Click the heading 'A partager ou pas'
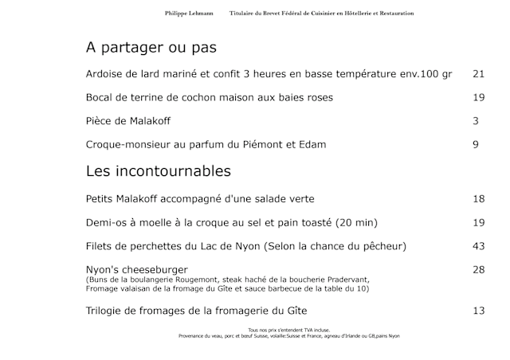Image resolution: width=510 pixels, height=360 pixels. coord(151,48)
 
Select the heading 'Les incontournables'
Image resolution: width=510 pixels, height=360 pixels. coord(158,171)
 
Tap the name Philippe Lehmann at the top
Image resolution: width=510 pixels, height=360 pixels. coord(189,14)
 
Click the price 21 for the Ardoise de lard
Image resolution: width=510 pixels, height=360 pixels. coord(478,74)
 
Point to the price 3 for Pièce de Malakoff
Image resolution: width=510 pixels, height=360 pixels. coord(475,121)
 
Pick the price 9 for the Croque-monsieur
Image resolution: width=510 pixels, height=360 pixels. coord(475,144)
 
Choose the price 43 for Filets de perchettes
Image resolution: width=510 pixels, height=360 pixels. coord(478,246)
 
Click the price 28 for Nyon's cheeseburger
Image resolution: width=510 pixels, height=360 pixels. coord(478,270)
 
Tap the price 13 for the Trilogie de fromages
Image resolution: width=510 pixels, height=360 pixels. coord(478,310)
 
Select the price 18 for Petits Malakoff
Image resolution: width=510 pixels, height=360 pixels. coord(478,198)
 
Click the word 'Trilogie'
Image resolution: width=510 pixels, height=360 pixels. coord(108,310)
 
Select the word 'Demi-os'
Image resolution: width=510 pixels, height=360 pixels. coord(108,222)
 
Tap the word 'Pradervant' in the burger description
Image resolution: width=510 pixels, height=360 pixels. coord(347,280)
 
